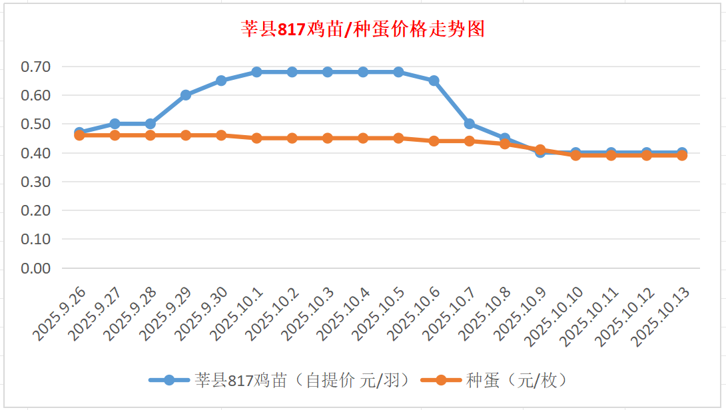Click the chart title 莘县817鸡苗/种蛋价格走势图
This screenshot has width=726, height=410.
[362, 29]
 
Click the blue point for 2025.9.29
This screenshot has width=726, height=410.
[186, 95]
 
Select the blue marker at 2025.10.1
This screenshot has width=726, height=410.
[256, 72]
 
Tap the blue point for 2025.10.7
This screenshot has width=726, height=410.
[469, 124]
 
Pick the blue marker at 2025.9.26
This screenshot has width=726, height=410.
[79, 132]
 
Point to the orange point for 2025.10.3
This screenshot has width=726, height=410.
[328, 138]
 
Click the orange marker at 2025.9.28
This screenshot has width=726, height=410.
[151, 135]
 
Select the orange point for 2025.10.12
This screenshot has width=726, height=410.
[646, 155]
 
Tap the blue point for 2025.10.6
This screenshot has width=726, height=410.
[434, 81]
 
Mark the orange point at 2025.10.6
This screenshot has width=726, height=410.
[434, 141]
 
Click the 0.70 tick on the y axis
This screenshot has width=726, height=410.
[35, 67]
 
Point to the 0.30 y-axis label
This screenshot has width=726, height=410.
[35, 182]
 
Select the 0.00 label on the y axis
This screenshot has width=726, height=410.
[35, 268]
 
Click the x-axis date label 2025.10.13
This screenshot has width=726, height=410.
[659, 316]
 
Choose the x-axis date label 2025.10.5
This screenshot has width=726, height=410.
[378, 313]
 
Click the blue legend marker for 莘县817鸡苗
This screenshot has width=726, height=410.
[169, 380]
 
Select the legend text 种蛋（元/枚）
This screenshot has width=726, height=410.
[518, 380]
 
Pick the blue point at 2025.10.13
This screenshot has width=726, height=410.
[681, 152]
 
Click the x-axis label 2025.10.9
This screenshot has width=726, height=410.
[520, 313]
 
